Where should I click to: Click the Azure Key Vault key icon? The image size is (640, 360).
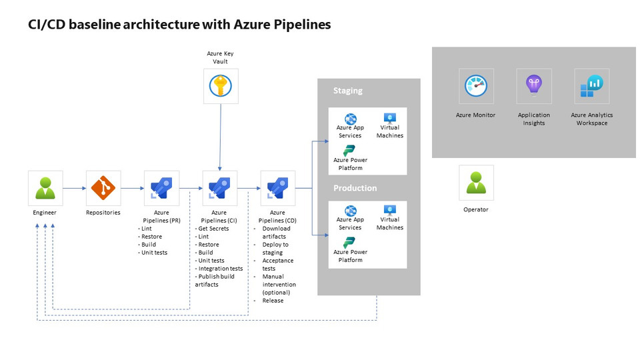coord(221,86)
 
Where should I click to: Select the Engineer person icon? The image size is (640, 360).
coord(45,187)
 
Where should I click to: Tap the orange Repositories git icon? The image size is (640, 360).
coord(103,187)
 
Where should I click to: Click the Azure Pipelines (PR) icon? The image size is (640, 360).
coord(161,187)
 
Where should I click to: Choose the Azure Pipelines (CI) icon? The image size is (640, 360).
coord(220,187)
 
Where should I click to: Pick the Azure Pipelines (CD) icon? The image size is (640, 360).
coord(278,187)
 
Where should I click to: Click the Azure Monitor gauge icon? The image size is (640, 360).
coord(476,86)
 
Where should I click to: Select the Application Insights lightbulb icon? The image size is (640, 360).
coord(534,86)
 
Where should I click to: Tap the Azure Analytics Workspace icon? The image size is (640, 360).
coord(592,86)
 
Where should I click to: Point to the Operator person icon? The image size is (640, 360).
coord(476,183)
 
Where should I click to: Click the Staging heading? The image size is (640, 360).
coord(348,91)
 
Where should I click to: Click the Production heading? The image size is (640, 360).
coord(355,188)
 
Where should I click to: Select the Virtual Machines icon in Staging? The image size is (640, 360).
coord(390,118)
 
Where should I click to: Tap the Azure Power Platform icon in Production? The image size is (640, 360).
coord(349,243)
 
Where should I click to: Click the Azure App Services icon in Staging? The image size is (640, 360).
coord(350,119)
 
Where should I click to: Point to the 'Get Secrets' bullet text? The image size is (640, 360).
coord(213,229)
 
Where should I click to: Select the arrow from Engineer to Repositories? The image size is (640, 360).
coord(74,188)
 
